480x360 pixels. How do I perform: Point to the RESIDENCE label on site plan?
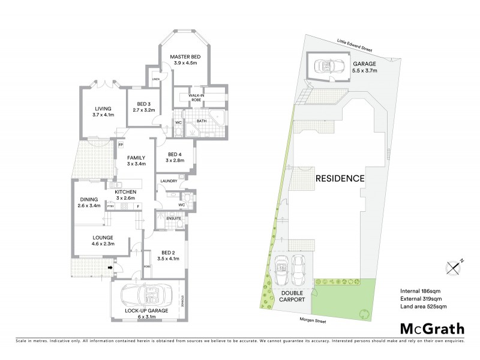click(x=340, y=178)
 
